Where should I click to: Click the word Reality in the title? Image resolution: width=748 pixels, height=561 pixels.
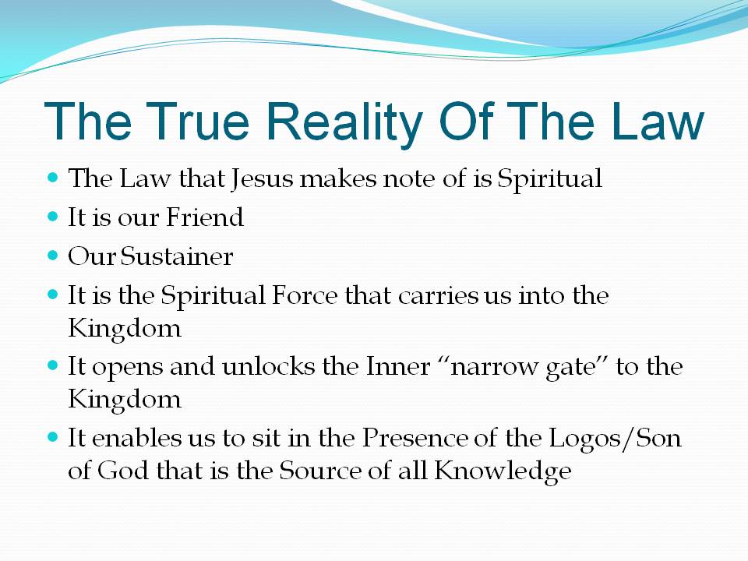coord(345,122)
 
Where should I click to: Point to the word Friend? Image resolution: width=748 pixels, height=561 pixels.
coord(205,217)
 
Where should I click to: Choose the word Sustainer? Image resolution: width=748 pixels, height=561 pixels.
coord(177,256)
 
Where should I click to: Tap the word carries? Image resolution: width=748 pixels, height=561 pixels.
coord(438,296)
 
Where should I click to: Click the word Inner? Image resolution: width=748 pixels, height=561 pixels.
coord(398,366)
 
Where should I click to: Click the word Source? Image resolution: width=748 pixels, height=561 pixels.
coord(320,471)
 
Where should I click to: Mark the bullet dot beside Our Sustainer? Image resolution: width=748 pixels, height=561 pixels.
coord(53,256)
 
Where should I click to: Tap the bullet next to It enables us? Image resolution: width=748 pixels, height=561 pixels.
coord(53,437)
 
